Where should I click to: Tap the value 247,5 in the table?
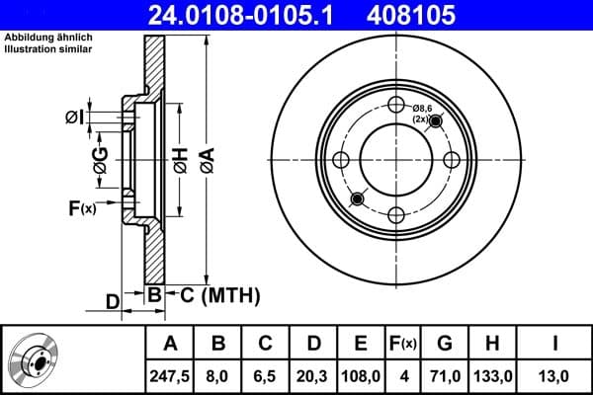click(x=169, y=374)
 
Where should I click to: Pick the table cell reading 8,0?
click(x=219, y=374)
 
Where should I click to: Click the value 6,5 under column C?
click(x=265, y=374)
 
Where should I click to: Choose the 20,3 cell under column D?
click(x=311, y=374)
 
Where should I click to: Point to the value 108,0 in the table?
click(x=361, y=374)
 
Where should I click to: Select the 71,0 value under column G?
click(x=445, y=374)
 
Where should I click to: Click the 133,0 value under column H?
click(x=496, y=374)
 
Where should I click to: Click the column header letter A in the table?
click(x=169, y=344)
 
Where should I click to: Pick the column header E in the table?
click(x=361, y=344)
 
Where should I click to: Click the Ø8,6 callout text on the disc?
click(x=424, y=108)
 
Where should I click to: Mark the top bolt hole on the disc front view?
click(x=396, y=107)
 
